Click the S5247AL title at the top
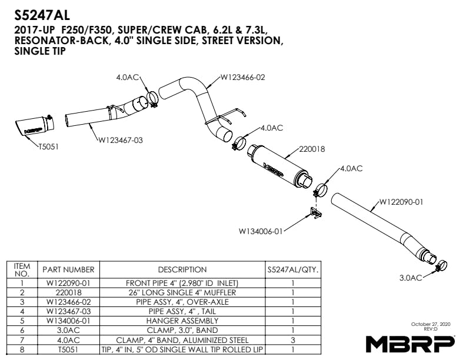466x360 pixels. point(42,15)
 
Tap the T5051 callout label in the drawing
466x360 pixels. point(48,146)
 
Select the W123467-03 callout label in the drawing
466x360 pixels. point(121,140)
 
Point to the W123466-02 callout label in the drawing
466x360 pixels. point(242,78)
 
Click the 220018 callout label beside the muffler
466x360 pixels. point(312,149)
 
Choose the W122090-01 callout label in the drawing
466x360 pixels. point(401,202)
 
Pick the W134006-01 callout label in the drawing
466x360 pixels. point(260,231)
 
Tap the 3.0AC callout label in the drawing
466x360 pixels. point(411,278)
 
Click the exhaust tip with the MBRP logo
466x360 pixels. point(35,126)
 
